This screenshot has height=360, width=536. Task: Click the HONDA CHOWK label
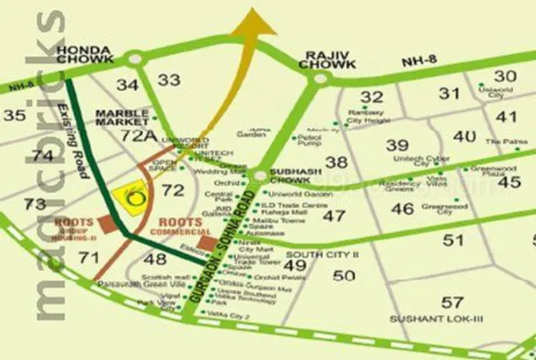(x=85, y=55)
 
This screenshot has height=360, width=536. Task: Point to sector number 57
(x=453, y=303)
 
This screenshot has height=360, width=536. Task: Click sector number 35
(x=14, y=116)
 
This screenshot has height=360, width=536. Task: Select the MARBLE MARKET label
(x=122, y=117)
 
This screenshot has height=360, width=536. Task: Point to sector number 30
(x=505, y=76)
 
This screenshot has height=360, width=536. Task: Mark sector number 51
(x=453, y=240)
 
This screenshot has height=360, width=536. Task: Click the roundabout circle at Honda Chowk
(x=136, y=57)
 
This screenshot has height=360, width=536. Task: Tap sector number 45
(x=508, y=182)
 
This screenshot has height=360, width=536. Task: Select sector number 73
(x=34, y=205)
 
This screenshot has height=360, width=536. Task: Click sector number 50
(x=344, y=276)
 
